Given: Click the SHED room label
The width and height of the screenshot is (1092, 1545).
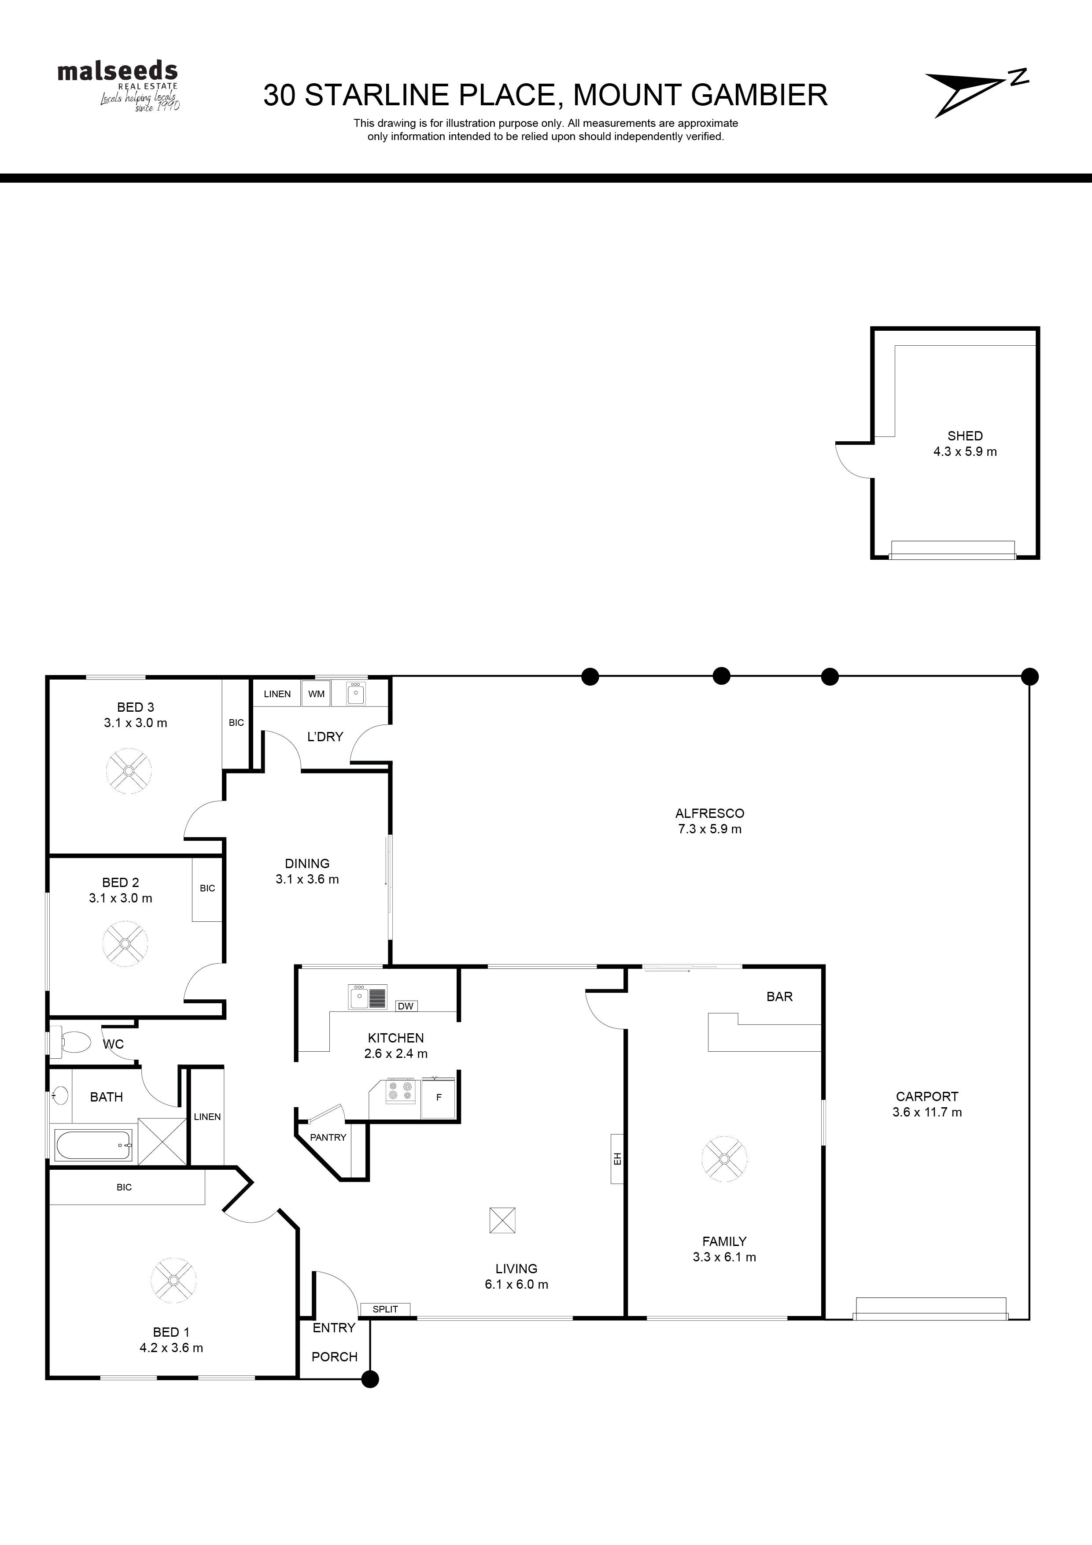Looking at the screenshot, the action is pos(965,436).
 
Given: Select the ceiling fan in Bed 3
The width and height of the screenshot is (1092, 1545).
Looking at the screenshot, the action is pos(129,771).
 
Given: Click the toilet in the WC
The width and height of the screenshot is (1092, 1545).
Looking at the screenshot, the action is pos(70,1042).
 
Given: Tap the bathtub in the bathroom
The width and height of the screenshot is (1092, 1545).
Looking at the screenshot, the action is pos(93,1145).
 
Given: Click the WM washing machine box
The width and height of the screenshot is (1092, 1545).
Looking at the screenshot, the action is pos(316,694).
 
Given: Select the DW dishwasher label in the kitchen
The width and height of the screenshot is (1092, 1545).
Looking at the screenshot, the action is pos(406,1006).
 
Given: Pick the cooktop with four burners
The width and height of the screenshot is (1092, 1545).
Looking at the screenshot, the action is pos(400,1091).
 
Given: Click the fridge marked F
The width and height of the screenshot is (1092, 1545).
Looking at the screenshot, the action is pos(439,1098).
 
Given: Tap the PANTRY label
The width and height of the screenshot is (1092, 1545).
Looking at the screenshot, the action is pos(328,1137).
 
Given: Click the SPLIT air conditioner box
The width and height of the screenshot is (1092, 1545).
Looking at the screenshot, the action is pos(386,1309).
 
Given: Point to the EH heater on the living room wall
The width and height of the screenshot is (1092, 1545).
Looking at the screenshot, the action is pos(617,1159).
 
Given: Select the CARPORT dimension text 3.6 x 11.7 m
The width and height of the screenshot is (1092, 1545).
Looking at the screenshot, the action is pos(927,1113).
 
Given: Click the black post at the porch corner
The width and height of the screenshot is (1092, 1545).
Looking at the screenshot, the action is pos(370,1379).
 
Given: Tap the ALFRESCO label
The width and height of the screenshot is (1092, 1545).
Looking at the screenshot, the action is pos(710,813).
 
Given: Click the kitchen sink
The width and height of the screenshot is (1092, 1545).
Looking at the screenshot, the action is pos(367,997).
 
